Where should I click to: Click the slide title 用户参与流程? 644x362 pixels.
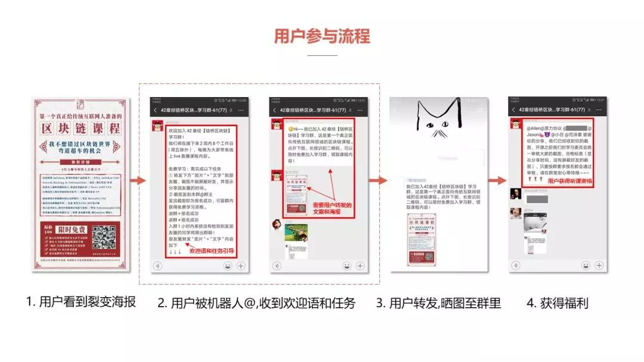coord(322,36)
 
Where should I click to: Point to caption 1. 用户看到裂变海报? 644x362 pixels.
coord(81,302)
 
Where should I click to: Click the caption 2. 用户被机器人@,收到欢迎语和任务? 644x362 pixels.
coord(256,303)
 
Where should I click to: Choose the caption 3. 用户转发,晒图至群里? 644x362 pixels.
coord(438,303)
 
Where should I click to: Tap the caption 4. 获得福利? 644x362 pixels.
coord(558,303)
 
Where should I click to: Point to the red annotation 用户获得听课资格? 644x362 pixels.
coord(571,180)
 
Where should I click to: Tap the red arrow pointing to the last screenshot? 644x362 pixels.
coord(496,180)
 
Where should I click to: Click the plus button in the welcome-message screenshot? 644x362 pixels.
coord(241,266)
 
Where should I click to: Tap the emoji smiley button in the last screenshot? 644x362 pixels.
coord(586,266)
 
